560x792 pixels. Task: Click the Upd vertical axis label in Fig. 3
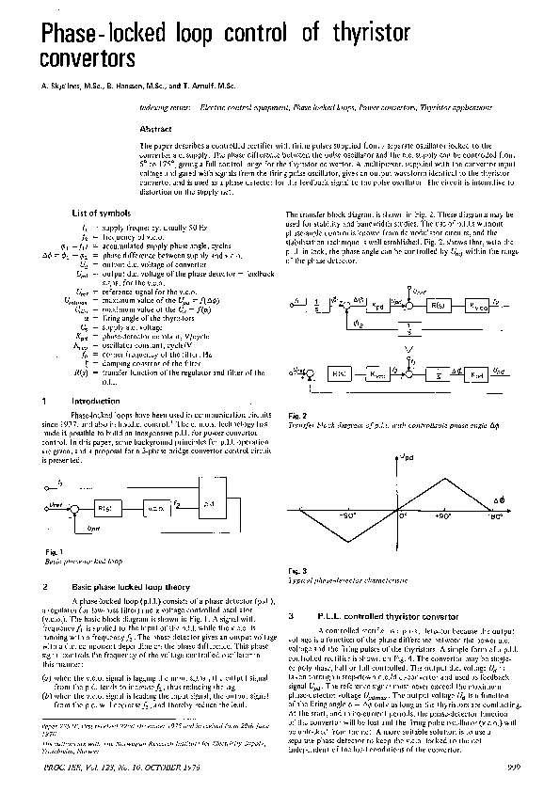point(407,456)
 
